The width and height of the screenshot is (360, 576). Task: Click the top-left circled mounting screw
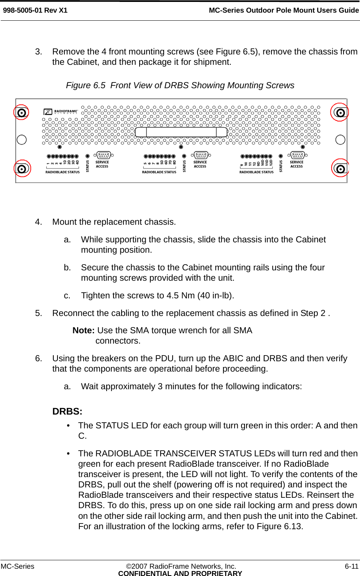coord(21,112)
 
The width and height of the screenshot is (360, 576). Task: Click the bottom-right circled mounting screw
coord(340,168)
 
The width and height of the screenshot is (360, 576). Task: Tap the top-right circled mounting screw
coord(340,112)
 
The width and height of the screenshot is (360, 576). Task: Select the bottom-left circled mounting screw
coord(22,169)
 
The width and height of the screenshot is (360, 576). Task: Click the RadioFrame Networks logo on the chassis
coord(61,112)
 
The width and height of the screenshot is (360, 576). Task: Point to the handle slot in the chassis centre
coord(181,132)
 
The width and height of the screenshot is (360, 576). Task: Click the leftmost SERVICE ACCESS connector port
coord(104,155)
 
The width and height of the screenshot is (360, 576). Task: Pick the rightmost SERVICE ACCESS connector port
coord(298,155)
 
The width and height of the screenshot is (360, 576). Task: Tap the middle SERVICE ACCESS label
coord(200,164)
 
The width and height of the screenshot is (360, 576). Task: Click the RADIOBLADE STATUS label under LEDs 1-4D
coord(62,172)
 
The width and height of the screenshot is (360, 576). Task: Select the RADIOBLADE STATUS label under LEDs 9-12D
coord(256,172)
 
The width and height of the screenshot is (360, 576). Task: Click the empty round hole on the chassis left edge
coord(22,140)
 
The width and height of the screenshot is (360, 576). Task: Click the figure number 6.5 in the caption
coord(99,86)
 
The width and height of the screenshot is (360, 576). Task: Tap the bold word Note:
coord(84,331)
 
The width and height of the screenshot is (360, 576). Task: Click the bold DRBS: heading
coord(67,411)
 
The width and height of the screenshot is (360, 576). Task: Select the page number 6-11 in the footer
coord(352,566)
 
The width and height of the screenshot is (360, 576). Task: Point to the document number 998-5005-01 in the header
coord(23,10)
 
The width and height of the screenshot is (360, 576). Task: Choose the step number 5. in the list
coord(38,313)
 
